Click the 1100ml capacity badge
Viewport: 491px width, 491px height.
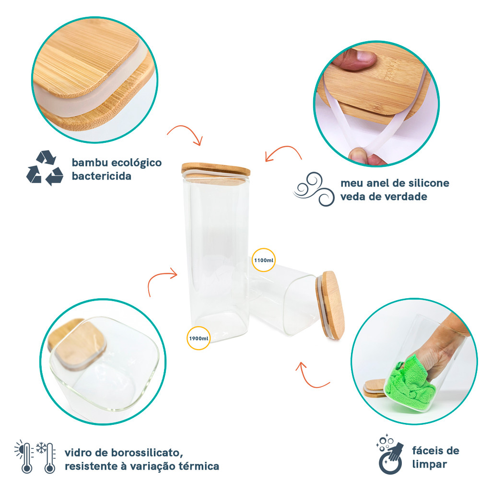pyautogui.click(x=264, y=260)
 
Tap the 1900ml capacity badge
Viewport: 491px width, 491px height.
pyautogui.click(x=199, y=338)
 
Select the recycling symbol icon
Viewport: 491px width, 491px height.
pyautogui.click(x=45, y=168)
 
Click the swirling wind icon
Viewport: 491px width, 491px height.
pyautogui.click(x=314, y=189)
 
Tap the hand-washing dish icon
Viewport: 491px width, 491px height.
pyautogui.click(x=390, y=454)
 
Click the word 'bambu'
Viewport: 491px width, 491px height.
pyautogui.click(x=90, y=163)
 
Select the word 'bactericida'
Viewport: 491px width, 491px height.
pyautogui.click(x=102, y=176)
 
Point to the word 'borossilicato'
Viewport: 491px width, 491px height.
pyautogui.click(x=146, y=453)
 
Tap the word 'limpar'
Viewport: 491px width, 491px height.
pyautogui.click(x=429, y=464)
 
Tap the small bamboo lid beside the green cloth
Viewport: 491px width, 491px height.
pyautogui.click(x=374, y=388)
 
